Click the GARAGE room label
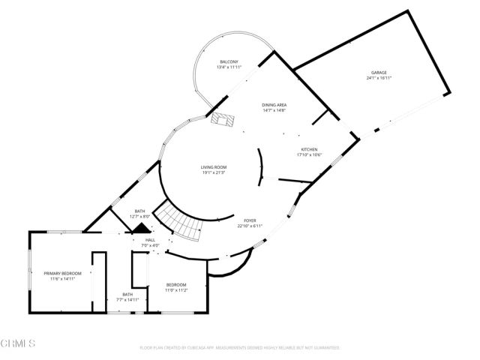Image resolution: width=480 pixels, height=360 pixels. pyautogui.click(x=379, y=73)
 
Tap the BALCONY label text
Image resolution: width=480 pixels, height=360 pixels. pyautogui.click(x=229, y=61)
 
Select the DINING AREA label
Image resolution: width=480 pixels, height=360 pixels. pyautogui.click(x=274, y=105)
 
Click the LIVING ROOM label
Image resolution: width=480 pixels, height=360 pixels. pyautogui.click(x=213, y=167)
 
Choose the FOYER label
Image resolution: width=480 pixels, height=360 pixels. pyautogui.click(x=249, y=220)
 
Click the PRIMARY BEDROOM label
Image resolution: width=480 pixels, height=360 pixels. pyautogui.click(x=62, y=273)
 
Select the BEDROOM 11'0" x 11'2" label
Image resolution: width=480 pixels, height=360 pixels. pyautogui.click(x=176, y=285)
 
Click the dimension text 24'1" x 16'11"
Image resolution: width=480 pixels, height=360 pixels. pyautogui.click(x=379, y=78)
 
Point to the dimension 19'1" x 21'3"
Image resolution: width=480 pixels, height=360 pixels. pyautogui.click(x=213, y=172)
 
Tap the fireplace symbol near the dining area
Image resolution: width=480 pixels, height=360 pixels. pyautogui.click(x=223, y=118)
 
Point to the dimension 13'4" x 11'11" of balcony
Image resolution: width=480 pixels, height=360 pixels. pyautogui.click(x=229, y=67)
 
